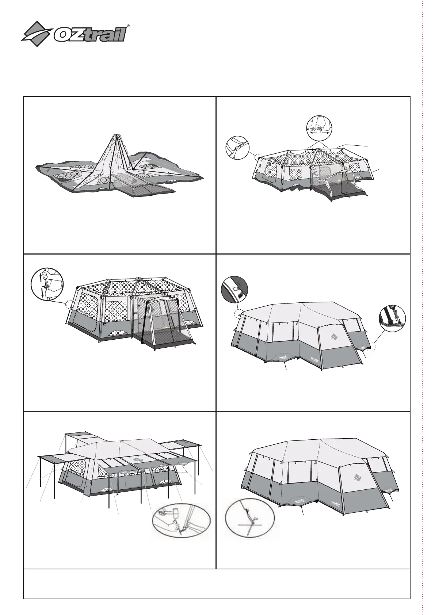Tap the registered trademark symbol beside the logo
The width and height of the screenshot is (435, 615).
pyautogui.click(x=127, y=26)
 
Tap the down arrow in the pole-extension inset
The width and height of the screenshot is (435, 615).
pyautogui.click(x=42, y=293)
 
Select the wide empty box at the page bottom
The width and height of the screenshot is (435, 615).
pyautogui.click(x=217, y=583)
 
